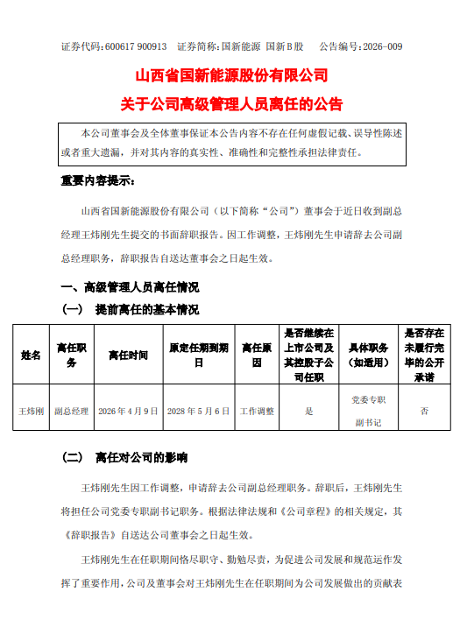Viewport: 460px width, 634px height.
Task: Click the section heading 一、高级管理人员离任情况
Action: [129, 287]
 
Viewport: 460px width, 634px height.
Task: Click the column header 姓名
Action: [31, 355]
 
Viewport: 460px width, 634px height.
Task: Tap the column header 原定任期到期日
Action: [199, 355]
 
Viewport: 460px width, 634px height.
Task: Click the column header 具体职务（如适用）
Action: [367, 355]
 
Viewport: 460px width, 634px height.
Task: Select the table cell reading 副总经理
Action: [70, 409]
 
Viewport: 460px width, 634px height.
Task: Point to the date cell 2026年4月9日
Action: [128, 409]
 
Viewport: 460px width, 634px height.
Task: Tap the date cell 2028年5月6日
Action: [199, 409]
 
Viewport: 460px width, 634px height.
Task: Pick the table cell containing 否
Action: [424, 409]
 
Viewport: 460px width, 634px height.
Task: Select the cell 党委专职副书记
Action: [367, 409]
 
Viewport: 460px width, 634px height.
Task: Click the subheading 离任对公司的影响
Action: [140, 458]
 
